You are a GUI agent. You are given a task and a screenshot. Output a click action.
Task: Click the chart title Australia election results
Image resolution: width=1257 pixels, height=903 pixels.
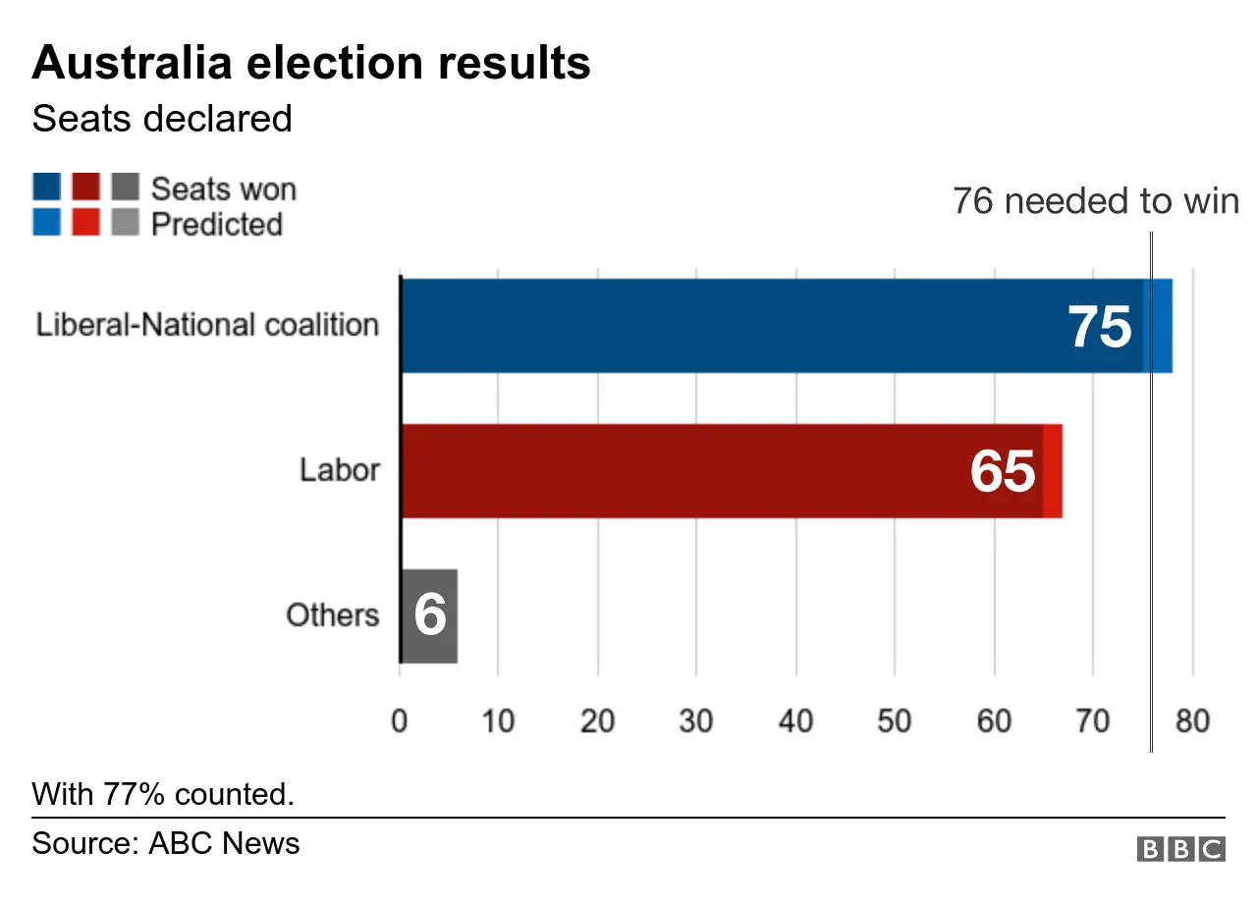coord(311,64)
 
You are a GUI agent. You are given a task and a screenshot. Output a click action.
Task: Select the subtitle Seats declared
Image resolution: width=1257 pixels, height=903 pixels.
coord(162,119)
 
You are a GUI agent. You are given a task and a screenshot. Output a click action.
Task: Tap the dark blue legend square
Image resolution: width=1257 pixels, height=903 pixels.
coord(46,186)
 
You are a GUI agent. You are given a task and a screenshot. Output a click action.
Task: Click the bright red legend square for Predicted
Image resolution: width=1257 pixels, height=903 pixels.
coord(85,223)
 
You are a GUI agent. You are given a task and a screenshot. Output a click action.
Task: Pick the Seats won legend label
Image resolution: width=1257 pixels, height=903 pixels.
coord(223,188)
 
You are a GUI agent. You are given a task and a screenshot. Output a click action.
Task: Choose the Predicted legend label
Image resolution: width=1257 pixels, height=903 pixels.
coord(216,224)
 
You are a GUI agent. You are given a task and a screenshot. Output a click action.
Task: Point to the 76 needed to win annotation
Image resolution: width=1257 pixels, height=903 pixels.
coord(1095,201)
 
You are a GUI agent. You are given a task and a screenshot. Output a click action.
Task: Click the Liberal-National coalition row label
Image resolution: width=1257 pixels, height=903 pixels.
coord(207,325)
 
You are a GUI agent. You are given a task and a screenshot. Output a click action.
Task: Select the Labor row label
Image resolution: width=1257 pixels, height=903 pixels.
coord(339,470)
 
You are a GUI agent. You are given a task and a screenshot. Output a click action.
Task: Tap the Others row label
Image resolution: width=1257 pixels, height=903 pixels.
coord(332,615)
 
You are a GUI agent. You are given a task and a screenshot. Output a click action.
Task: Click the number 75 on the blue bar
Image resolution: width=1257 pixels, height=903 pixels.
coord(1100,327)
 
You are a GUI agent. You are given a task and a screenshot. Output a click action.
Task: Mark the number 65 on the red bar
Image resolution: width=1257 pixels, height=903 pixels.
coord(1003,472)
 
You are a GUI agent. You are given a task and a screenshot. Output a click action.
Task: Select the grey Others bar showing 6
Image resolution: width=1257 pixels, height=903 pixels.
coord(429,615)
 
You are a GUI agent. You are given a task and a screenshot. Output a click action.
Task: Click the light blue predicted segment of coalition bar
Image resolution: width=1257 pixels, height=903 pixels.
coord(1160,326)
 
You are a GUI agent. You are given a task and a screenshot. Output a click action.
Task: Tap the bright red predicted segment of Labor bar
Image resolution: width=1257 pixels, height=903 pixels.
coord(1052,471)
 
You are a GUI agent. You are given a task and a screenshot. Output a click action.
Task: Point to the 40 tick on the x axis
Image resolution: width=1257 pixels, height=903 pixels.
coord(795,721)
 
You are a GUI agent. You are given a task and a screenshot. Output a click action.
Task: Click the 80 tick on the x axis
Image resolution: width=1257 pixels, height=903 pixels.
coord(1191,721)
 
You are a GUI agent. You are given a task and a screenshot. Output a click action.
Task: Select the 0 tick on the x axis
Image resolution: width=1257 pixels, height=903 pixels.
coord(400,721)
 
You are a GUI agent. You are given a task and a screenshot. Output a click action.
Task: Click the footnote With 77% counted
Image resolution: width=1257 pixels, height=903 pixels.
coord(163,793)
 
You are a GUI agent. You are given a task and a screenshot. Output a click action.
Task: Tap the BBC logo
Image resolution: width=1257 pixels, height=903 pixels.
coord(1180,849)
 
